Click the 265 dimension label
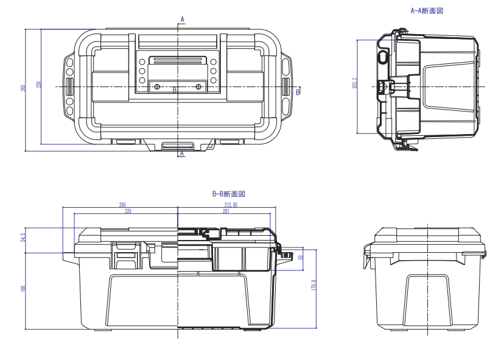pos(23,88)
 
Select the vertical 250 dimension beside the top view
pos(39,84)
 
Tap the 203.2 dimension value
pos(354,83)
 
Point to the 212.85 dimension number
pos(231,205)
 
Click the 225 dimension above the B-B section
pos(128,211)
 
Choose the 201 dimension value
pos(226,211)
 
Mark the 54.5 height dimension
pos(23,238)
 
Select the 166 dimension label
pos(23,288)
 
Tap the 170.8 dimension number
pos(313,285)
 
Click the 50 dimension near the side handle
pos(301,258)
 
